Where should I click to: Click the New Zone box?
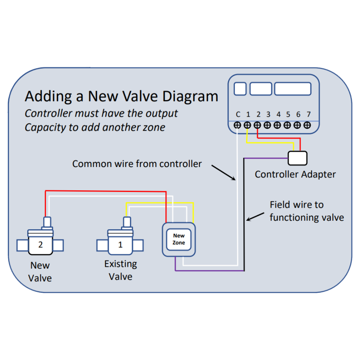click(x=179, y=239)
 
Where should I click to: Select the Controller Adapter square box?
click(x=297, y=158)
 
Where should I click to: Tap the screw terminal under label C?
click(x=238, y=125)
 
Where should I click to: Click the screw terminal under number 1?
click(x=248, y=125)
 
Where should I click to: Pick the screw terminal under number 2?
click(x=258, y=125)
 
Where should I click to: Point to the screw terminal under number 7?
click(x=307, y=125)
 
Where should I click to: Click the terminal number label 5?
click(x=288, y=115)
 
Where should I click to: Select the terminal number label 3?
click(x=268, y=115)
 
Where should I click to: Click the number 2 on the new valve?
click(x=40, y=245)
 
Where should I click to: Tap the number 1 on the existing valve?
click(x=120, y=245)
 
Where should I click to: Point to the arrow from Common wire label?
click(x=223, y=172)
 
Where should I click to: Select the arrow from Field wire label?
click(x=255, y=216)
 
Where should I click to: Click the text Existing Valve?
click(x=121, y=270)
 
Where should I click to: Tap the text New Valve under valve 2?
click(x=40, y=271)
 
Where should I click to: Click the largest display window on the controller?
click(x=293, y=89)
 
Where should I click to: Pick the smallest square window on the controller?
click(x=240, y=89)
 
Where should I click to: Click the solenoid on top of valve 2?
click(x=47, y=223)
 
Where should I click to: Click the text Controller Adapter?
click(x=295, y=175)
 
